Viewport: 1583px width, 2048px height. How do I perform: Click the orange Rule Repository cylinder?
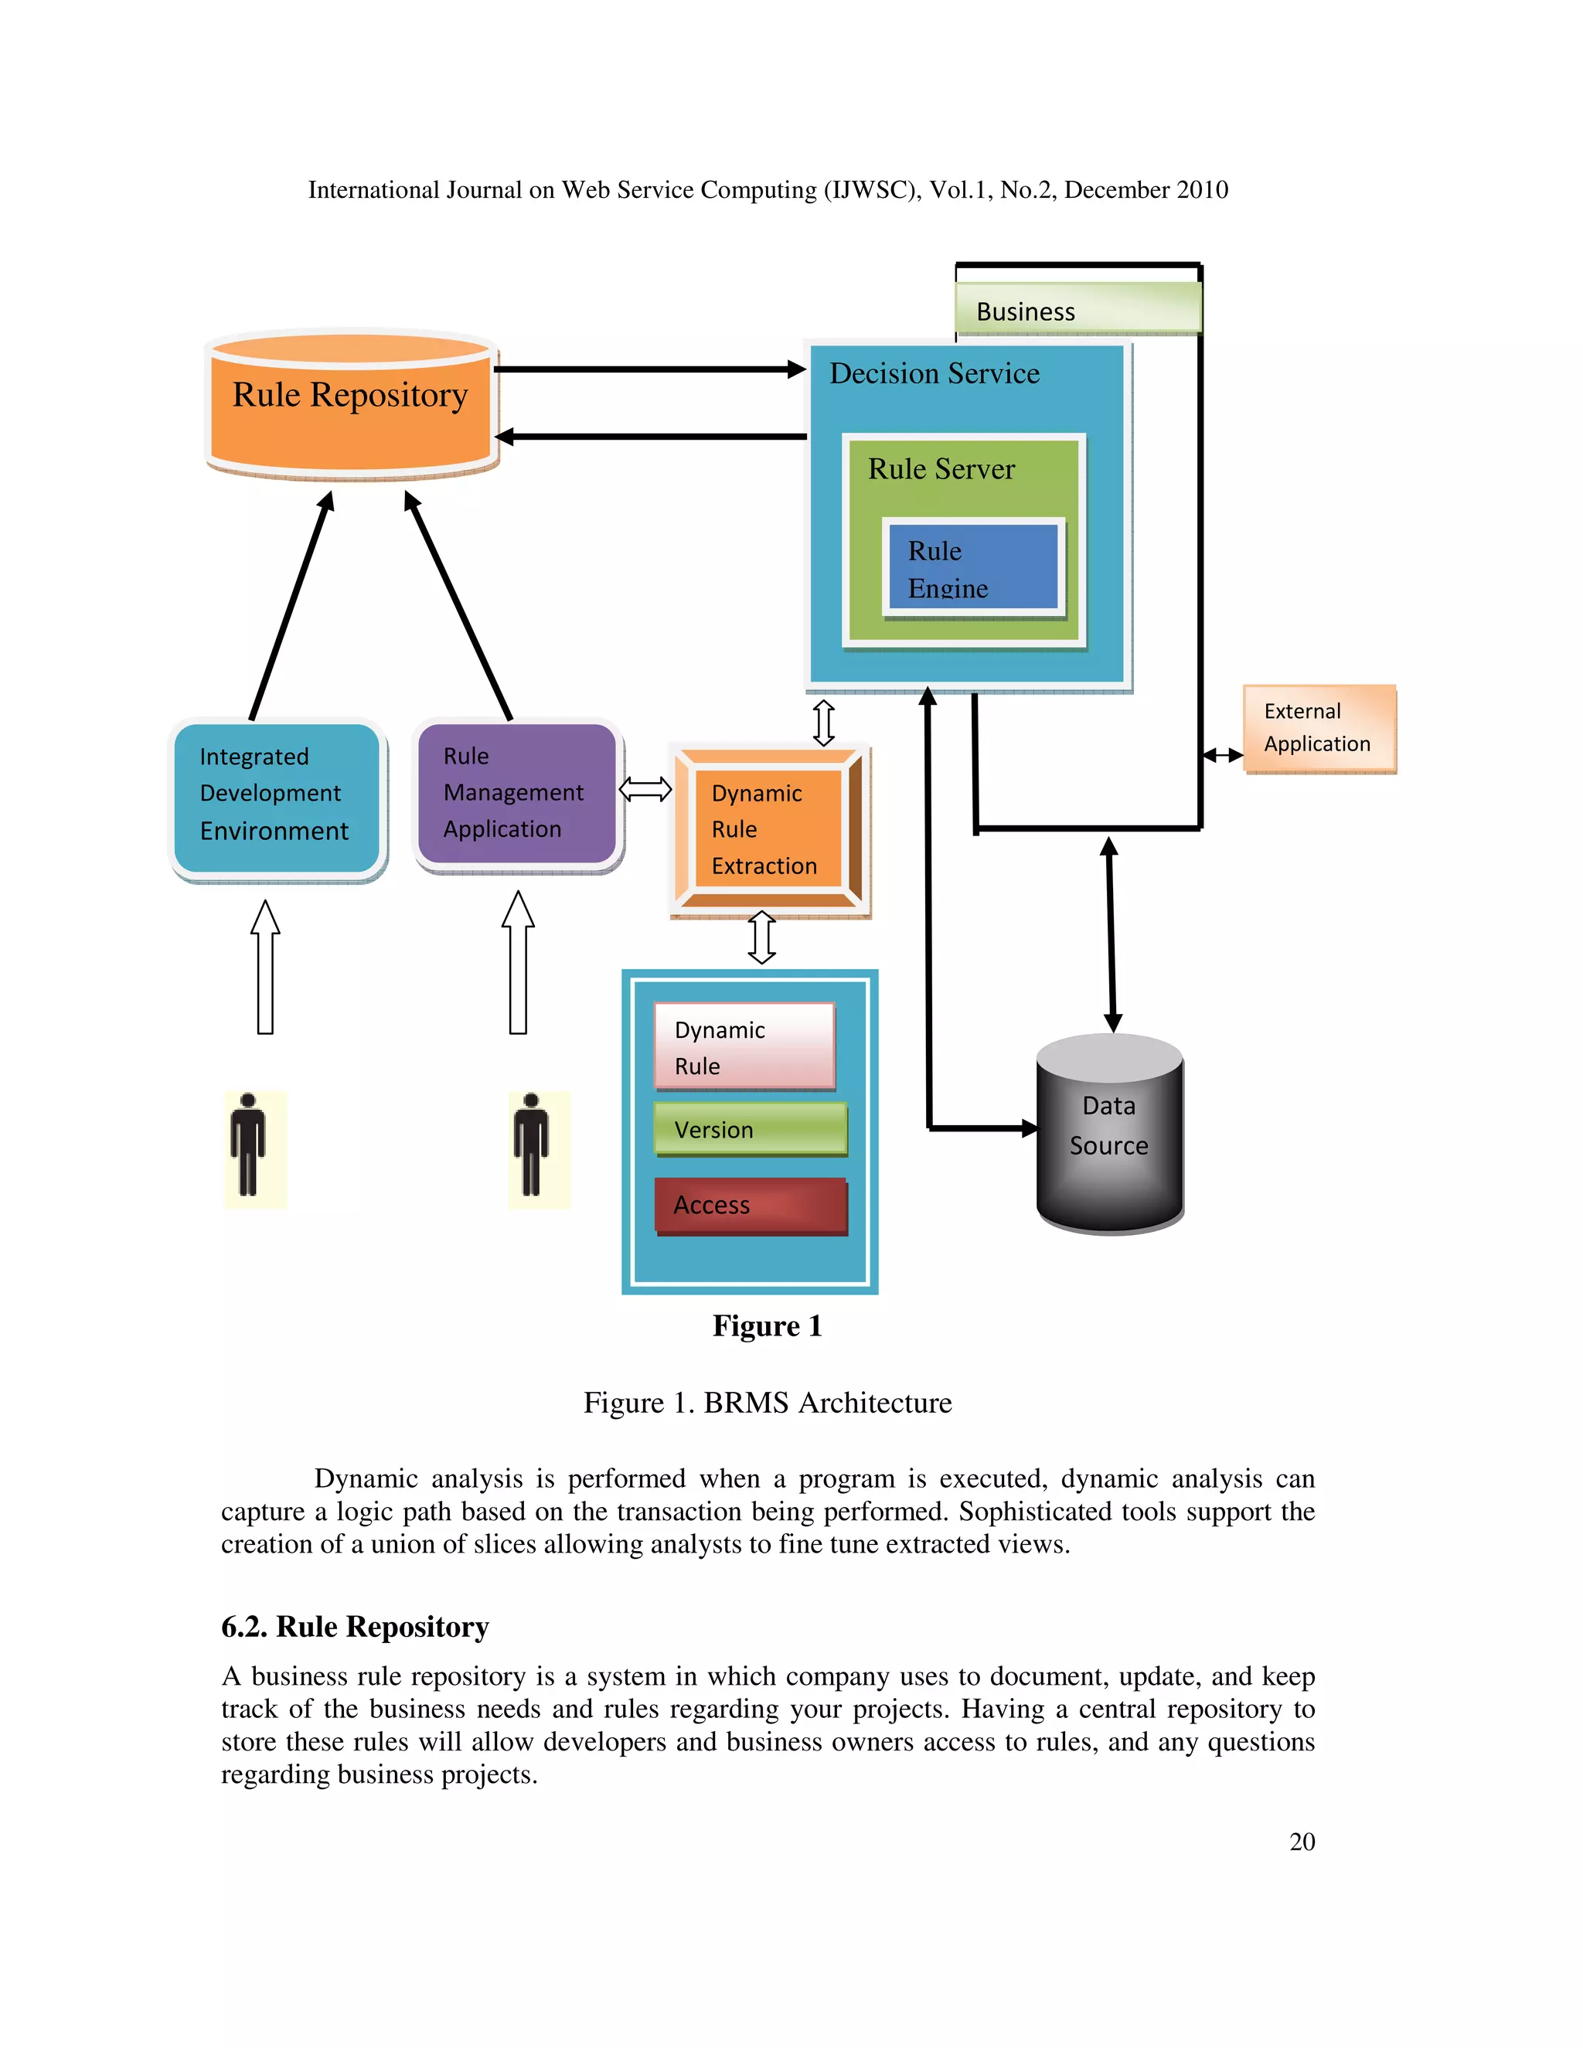351,404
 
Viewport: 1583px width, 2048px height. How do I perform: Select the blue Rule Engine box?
973,567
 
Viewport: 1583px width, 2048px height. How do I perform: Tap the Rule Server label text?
941,469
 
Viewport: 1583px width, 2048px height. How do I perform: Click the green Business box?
1077,309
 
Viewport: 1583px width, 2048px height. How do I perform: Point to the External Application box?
1319,729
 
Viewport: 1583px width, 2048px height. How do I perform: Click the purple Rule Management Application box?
518,794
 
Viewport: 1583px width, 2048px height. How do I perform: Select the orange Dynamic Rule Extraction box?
769,829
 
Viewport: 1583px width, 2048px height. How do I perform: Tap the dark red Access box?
751,1206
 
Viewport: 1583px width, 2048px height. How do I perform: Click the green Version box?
751,1129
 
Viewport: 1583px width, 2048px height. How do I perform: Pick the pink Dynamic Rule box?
744,1046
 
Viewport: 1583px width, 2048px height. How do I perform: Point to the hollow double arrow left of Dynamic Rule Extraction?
645,790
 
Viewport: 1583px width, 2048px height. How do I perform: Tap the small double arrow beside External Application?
1222,755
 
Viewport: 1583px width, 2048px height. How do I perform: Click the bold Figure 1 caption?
767,1326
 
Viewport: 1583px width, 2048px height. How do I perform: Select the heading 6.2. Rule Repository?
355,1627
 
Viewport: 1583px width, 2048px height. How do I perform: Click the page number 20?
1302,1842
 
